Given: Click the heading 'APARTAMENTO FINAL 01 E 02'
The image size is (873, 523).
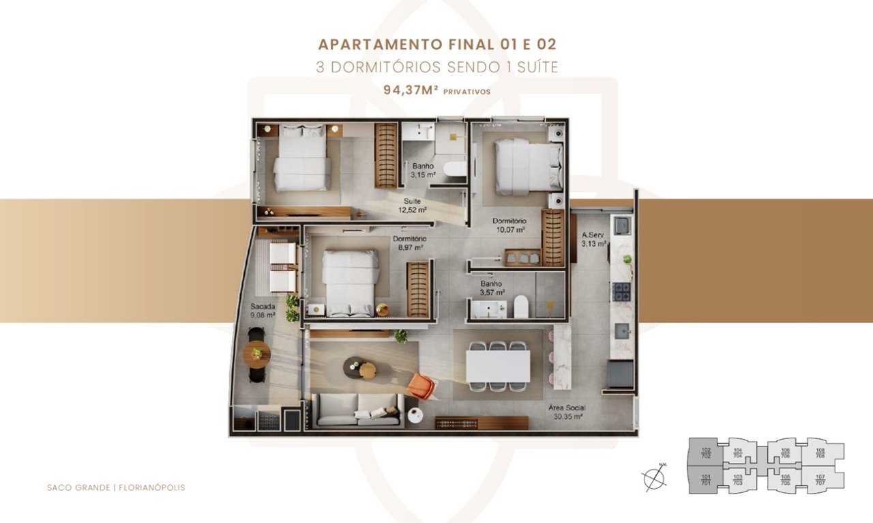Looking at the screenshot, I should [436, 45].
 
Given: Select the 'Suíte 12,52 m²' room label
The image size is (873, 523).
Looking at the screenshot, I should [412, 206].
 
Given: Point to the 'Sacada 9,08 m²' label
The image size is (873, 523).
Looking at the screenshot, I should [263, 311].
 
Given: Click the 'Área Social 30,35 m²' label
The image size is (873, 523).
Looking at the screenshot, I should [565, 412].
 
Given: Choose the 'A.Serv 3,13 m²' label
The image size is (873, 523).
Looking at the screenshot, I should [593, 239].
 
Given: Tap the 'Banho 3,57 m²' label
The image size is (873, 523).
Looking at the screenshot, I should [491, 287].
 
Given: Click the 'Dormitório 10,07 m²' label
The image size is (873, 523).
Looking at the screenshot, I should [509, 225].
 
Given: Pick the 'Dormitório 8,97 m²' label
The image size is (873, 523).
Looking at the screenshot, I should [409, 243].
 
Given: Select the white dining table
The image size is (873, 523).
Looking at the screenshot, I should [498, 366].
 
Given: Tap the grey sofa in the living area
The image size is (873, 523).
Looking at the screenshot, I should [358, 410].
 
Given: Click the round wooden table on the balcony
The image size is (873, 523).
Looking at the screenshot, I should [257, 354].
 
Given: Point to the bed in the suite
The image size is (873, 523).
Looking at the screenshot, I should [301, 158].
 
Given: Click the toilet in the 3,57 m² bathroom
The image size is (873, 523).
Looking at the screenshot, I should [521, 307].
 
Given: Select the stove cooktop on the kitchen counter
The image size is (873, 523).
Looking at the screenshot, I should [622, 292].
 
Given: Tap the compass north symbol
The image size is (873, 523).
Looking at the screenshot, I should [655, 478].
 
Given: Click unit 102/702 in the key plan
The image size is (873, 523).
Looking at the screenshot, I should [706, 452].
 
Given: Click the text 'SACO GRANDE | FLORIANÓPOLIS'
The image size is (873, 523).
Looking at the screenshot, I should [116, 487].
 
